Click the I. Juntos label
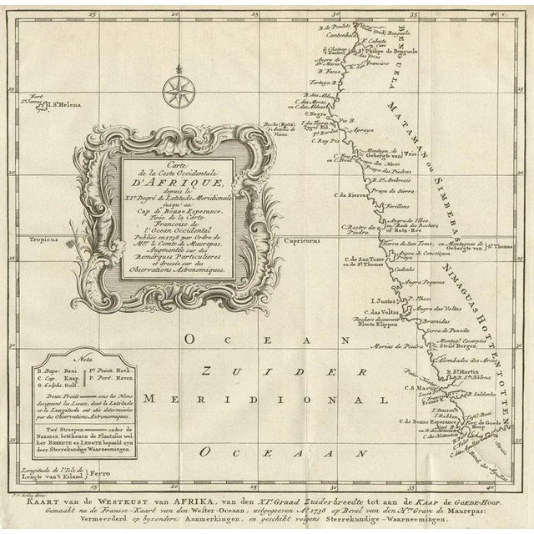point(378,297)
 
